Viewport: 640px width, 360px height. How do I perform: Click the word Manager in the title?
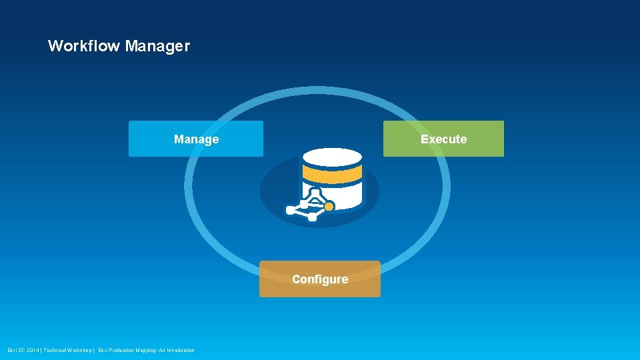(x=157, y=47)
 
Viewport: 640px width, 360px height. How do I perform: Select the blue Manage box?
(x=147, y=139)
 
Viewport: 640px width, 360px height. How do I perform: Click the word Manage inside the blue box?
(x=196, y=139)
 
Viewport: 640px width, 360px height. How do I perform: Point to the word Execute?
(x=443, y=139)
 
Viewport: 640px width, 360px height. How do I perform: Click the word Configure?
(x=320, y=279)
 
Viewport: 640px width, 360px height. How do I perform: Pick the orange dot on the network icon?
(x=329, y=207)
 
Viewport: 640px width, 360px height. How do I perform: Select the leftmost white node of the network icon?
(x=290, y=210)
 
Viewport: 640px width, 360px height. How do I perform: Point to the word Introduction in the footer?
(x=179, y=351)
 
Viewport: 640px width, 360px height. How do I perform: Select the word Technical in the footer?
(x=56, y=351)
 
